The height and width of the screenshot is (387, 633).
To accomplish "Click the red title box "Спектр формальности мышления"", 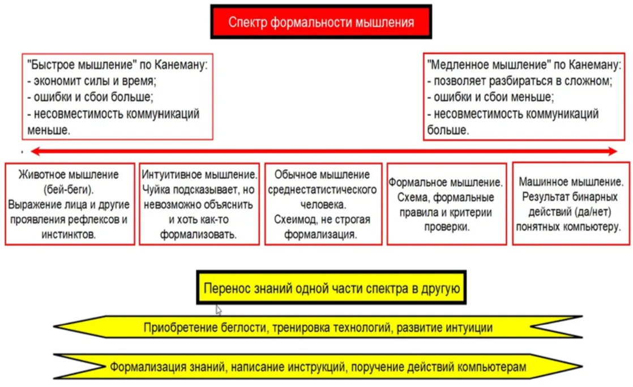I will (321, 22).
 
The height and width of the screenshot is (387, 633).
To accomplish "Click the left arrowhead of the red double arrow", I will (35, 152).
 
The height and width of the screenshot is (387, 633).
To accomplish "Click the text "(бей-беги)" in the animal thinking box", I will (69, 189).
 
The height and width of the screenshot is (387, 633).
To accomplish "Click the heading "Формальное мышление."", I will (446, 183).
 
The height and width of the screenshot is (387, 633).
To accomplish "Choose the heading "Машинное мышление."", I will (571, 182).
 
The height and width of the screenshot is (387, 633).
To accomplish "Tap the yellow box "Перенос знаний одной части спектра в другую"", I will (332, 289).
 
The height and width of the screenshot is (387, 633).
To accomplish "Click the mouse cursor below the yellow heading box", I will (219, 310).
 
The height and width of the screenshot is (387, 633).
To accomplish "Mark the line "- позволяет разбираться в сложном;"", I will (519, 80).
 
